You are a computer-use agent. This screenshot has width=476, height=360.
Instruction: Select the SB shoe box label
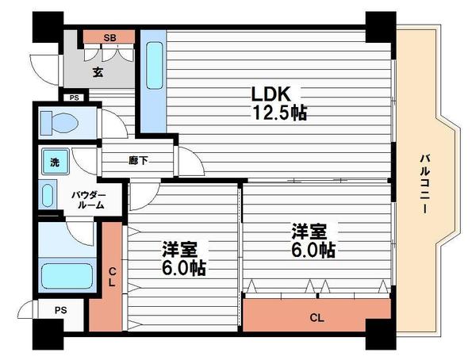(110, 37)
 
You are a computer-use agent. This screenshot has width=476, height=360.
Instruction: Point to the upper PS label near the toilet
(74, 98)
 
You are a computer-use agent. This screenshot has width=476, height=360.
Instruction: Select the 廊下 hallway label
(139, 159)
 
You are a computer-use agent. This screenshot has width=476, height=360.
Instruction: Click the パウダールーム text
(88, 198)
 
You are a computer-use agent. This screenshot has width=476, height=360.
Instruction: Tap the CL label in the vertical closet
(112, 277)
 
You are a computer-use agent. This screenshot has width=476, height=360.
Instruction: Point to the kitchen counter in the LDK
(154, 79)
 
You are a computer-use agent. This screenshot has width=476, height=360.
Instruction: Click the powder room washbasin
(47, 195)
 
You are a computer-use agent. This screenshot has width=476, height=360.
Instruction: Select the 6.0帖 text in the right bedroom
(312, 251)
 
